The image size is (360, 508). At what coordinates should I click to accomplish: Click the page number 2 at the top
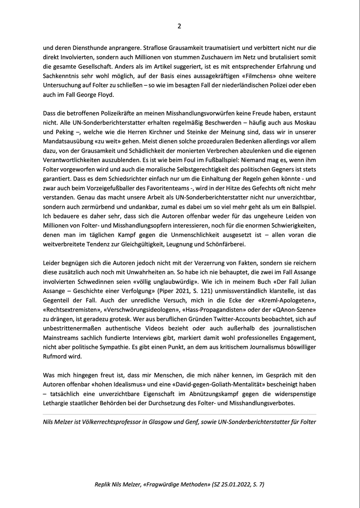pos(179,26)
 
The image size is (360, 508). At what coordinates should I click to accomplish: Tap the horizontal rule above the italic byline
pos(180,414)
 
